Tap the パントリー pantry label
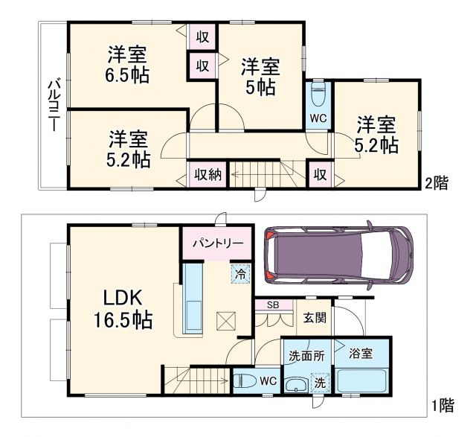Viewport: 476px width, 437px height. coord(218,243)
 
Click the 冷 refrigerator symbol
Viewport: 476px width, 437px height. coord(241,273)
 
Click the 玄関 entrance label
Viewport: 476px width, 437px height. coord(313,318)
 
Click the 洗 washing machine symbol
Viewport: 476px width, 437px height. coord(318,383)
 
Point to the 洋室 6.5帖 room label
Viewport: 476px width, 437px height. coord(126,63)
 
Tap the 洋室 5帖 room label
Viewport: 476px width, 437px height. coord(260,77)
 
